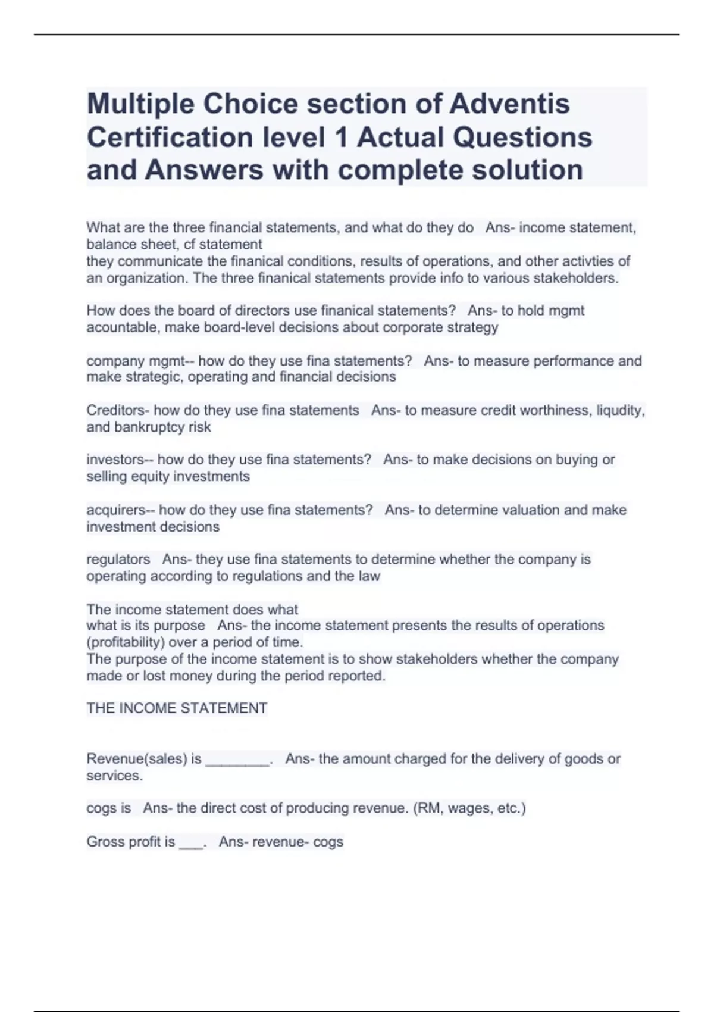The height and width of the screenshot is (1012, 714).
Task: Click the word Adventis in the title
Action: coord(509,104)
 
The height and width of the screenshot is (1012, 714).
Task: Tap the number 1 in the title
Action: coord(341,137)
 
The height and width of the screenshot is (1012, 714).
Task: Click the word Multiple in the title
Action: coord(140,104)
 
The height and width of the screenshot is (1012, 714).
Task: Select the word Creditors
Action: coord(118,410)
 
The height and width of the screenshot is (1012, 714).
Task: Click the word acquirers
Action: coord(115,510)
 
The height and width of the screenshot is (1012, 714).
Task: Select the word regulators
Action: coord(118,559)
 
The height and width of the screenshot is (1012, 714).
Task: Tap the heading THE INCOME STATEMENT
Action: coord(177,708)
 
